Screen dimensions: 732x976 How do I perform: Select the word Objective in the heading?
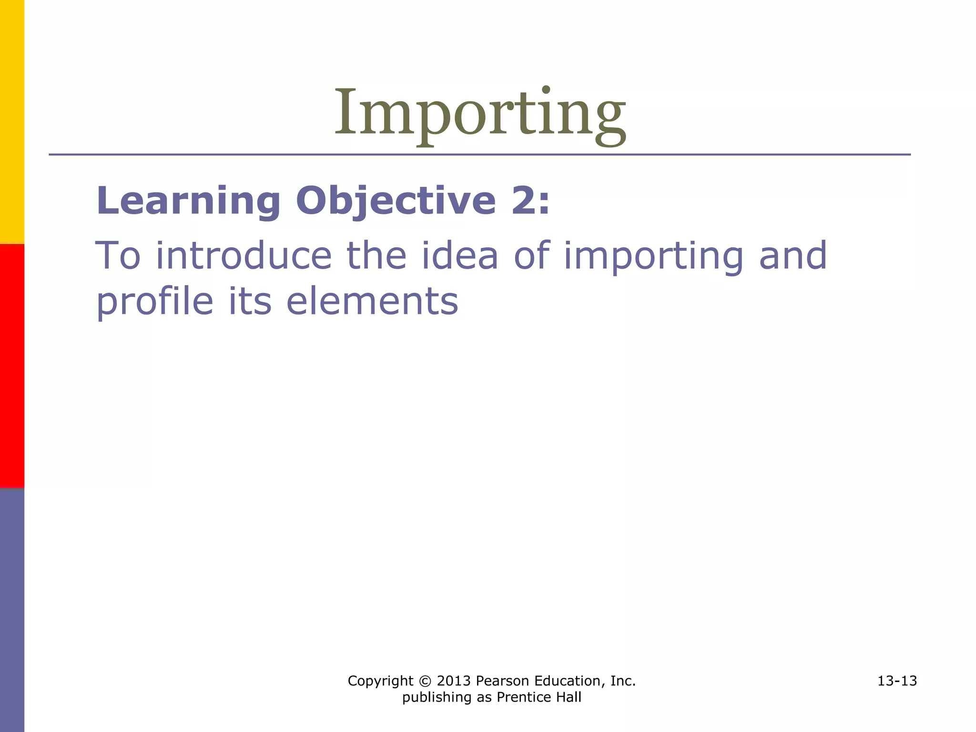coord(396,201)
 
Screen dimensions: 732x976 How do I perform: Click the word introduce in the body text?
coord(244,256)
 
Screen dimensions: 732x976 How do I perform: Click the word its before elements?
coord(250,302)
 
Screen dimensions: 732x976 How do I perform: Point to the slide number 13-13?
coord(897,681)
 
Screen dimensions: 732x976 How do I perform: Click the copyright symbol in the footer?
coord(425,681)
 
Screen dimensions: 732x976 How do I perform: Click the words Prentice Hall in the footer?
coord(539,697)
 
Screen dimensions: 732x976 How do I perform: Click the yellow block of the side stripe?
coord(12,122)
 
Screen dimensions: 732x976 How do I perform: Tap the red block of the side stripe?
coord(12,366)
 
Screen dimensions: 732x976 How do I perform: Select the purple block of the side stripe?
coord(12,610)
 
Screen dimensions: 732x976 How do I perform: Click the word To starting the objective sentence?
coord(118,256)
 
